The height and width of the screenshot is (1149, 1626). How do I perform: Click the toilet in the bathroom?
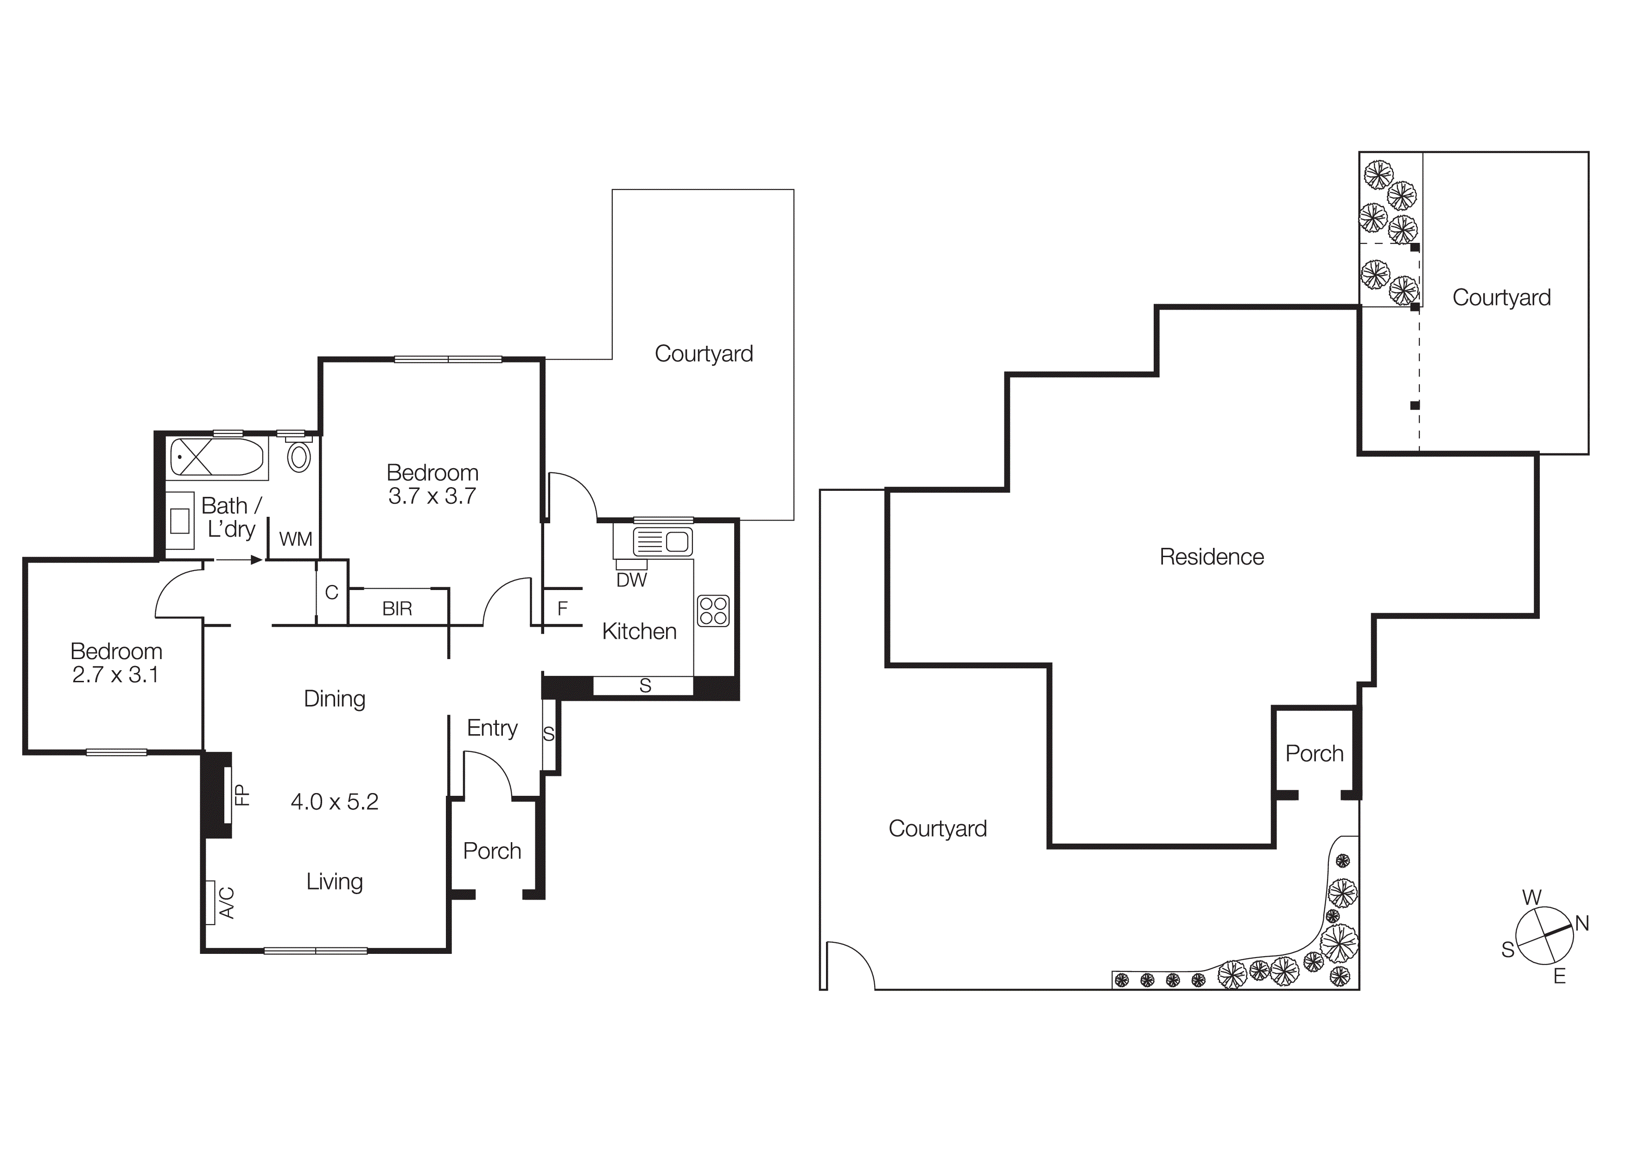[x=299, y=457]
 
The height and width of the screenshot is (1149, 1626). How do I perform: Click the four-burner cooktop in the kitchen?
[x=713, y=610]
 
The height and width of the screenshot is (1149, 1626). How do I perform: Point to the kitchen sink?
[x=662, y=542]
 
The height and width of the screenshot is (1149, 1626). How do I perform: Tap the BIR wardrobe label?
[x=397, y=609]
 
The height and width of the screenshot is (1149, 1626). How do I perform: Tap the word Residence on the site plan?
[x=1211, y=557]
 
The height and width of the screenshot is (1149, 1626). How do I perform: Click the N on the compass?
[x=1582, y=923]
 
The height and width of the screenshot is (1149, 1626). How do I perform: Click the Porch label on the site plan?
[x=1315, y=754]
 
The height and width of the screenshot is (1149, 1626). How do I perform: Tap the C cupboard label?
[x=331, y=592]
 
